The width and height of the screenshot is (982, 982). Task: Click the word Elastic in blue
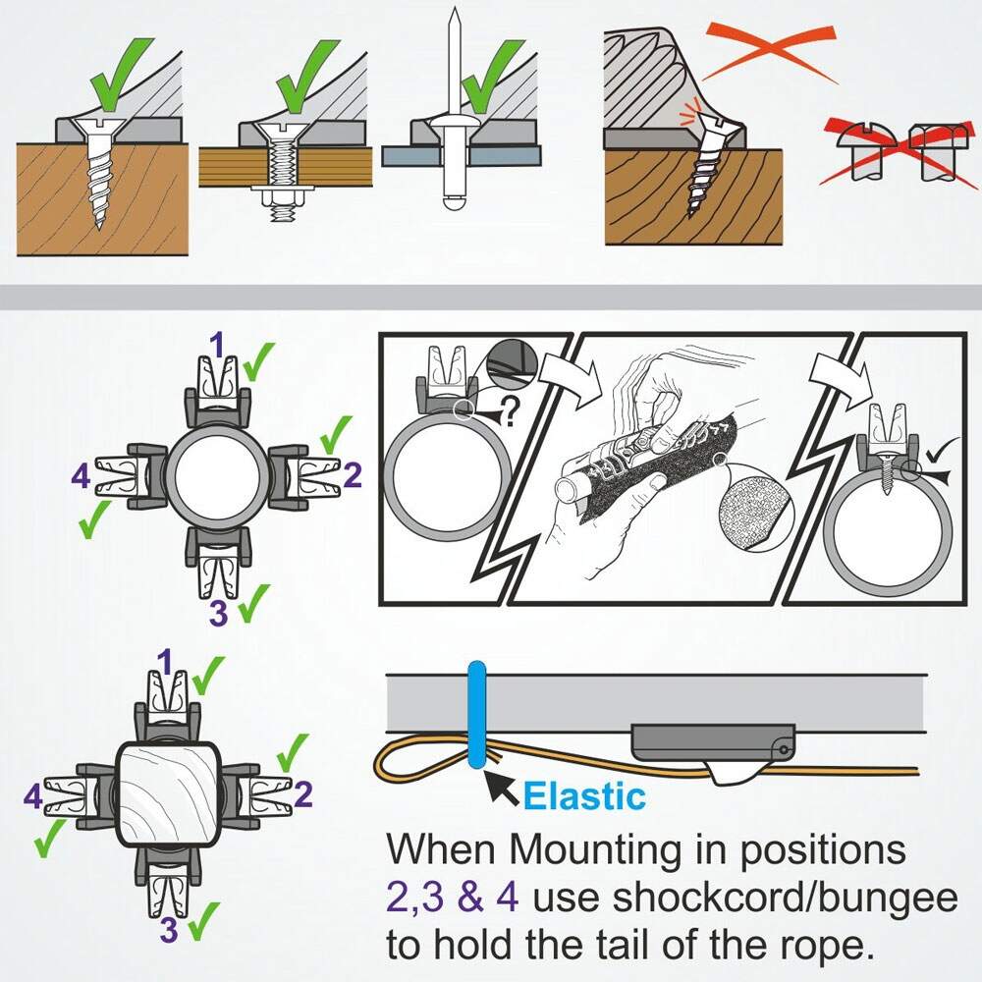(x=583, y=796)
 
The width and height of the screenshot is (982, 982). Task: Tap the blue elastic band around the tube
(x=476, y=714)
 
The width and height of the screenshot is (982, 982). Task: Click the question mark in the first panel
(x=509, y=413)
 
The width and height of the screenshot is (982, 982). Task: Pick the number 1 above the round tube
(x=217, y=345)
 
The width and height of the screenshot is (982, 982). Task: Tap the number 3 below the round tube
(x=218, y=612)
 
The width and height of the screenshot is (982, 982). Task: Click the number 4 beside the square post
(x=33, y=796)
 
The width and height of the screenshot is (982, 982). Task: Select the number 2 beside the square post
(x=303, y=794)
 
